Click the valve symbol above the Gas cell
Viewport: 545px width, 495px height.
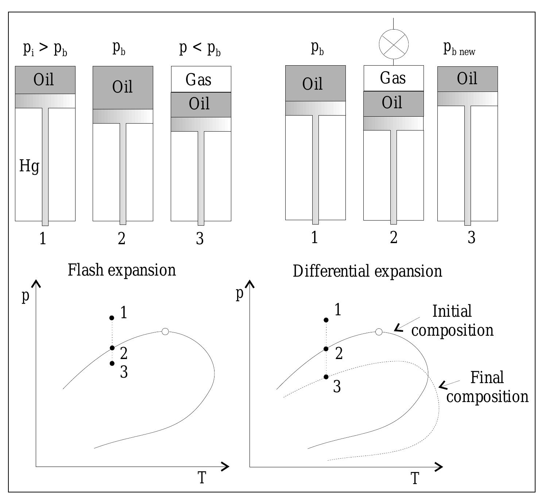coord(394,44)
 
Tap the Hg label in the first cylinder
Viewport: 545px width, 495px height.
coord(29,167)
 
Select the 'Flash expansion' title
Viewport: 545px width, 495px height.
coord(122,270)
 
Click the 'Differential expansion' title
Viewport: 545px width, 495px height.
coord(367,272)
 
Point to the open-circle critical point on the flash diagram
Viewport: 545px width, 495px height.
coord(165,331)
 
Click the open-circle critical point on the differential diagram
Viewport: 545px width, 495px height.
coord(379,332)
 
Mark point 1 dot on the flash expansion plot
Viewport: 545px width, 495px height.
coord(112,318)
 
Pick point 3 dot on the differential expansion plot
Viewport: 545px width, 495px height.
coord(326,377)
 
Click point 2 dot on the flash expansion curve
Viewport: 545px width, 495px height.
coord(112,348)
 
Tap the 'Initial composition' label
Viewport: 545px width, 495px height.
coord(452,321)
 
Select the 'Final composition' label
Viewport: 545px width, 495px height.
coord(487,387)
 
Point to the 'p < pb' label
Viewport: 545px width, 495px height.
coord(200,48)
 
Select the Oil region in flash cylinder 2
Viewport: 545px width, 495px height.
coord(123,87)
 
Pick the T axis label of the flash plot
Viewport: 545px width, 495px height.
coord(202,478)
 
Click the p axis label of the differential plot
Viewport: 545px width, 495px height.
coord(239,294)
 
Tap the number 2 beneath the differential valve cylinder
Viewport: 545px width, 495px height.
coord(393,238)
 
